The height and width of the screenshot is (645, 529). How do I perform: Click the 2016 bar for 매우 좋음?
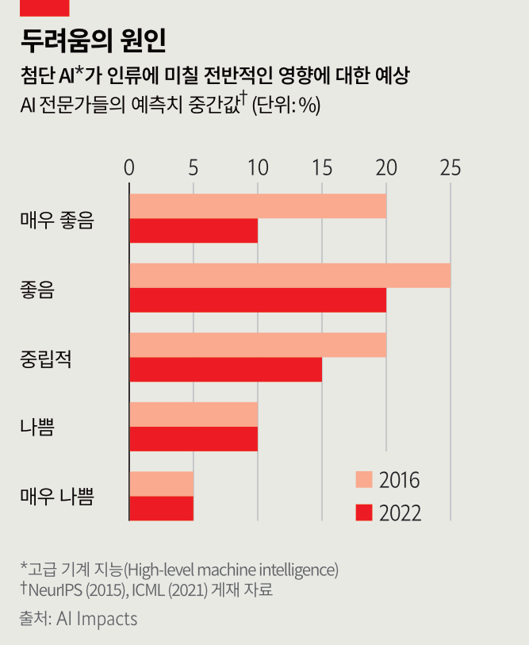(258, 206)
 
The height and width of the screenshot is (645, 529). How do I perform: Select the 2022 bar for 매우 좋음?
(194, 231)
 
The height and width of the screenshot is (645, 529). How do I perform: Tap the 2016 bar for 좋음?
(289, 275)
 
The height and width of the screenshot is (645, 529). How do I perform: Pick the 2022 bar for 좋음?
(258, 300)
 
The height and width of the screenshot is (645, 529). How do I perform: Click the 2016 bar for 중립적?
(258, 345)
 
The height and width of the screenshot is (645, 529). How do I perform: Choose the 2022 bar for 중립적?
(225, 370)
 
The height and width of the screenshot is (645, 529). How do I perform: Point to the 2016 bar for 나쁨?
(194, 414)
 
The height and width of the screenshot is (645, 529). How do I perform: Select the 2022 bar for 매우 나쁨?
(161, 509)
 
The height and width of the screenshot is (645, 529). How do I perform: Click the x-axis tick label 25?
(450, 168)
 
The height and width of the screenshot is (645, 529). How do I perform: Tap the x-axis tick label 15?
(321, 168)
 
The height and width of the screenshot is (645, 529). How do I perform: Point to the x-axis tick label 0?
(129, 168)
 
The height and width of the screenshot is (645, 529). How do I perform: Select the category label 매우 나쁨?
(57, 497)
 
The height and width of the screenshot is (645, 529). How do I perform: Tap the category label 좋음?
(36, 289)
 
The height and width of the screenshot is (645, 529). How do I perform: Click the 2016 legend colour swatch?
(363, 480)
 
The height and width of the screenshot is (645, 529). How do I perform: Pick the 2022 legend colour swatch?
(363, 512)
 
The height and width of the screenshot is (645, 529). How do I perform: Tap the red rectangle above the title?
(45, 7)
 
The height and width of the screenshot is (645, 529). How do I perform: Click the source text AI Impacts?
(97, 619)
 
